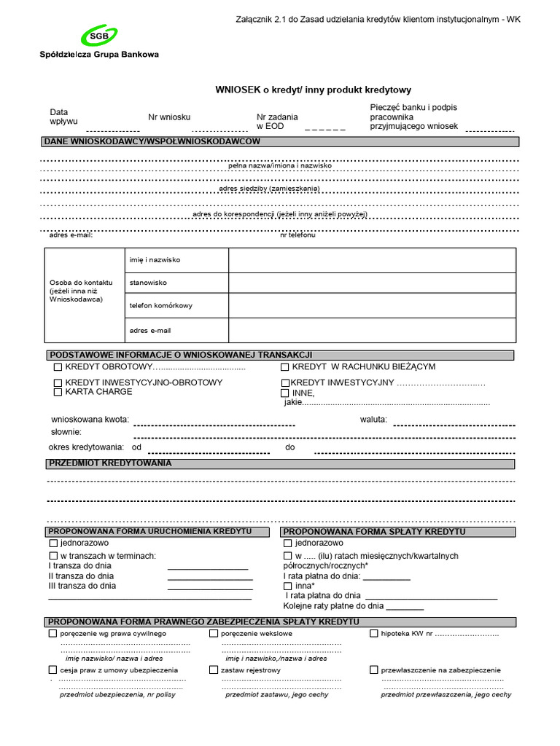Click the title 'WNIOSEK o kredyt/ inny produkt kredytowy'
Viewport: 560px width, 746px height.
click(x=313, y=90)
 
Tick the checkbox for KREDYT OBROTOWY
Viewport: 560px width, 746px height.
click(x=58, y=367)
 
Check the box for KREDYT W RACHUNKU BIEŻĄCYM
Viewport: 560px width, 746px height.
click(x=285, y=367)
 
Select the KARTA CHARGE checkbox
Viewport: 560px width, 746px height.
click(x=58, y=392)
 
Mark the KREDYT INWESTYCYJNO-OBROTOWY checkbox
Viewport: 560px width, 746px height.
click(x=58, y=382)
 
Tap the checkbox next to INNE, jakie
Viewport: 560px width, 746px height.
click(x=285, y=393)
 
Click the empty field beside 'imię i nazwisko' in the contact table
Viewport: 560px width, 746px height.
click(x=372, y=259)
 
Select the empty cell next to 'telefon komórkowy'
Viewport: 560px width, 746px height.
click(x=372, y=306)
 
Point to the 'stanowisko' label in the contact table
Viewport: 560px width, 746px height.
click(x=148, y=282)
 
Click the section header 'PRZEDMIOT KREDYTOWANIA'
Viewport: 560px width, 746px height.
click(x=110, y=463)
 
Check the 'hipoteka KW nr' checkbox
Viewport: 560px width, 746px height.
click(x=374, y=634)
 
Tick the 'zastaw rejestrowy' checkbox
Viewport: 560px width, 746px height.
click(x=214, y=670)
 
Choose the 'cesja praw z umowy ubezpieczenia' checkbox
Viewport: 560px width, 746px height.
click(x=52, y=670)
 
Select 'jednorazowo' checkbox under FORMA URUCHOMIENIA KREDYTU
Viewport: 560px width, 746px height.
click(x=52, y=543)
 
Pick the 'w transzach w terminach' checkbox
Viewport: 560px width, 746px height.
click(x=52, y=557)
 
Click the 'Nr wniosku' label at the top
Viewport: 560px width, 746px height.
click(x=169, y=117)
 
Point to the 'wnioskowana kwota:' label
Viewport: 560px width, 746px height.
click(x=90, y=420)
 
